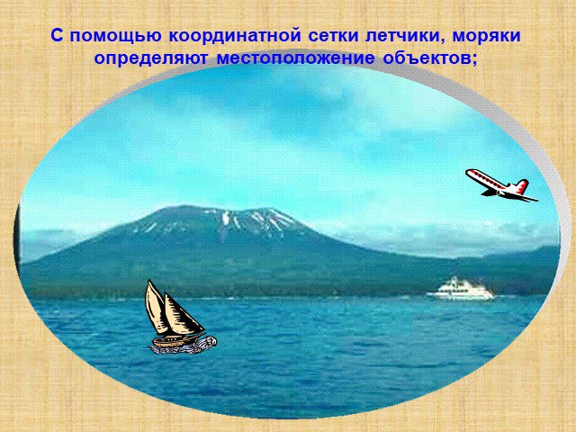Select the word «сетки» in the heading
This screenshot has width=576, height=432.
click(334, 36)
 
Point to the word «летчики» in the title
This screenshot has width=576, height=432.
click(402, 36)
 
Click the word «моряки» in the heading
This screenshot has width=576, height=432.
click(486, 36)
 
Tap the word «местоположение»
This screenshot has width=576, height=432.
click(296, 59)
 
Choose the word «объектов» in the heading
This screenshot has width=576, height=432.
click(426, 58)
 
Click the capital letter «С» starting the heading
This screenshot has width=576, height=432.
click(58, 36)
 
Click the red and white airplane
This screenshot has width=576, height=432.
click(501, 185)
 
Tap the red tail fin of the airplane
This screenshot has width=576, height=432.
click(522, 186)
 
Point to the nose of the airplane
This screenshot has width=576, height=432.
click(468, 172)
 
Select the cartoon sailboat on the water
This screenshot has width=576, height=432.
click(179, 318)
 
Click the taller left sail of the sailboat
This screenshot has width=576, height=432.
click(156, 308)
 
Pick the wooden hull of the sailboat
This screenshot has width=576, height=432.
click(172, 341)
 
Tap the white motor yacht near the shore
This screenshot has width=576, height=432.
click(461, 289)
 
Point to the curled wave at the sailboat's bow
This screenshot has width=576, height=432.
click(210, 342)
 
